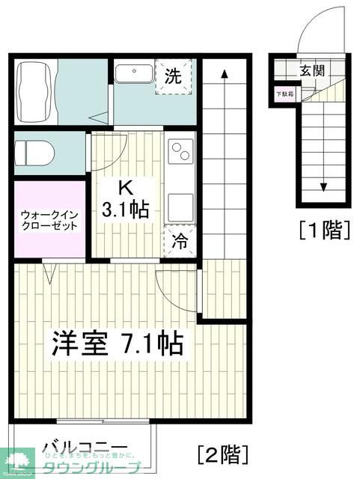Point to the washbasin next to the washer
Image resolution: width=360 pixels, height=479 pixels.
click(x=135, y=74)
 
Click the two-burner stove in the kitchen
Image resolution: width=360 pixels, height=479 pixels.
click(x=181, y=154)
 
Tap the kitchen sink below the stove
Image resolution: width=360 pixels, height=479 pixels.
click(x=180, y=203)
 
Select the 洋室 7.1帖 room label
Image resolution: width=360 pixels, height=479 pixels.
click(x=117, y=344)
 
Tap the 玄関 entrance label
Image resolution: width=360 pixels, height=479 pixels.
click(x=312, y=71)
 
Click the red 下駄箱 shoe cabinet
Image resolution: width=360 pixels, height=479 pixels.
click(x=284, y=94)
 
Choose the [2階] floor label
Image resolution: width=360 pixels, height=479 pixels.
click(x=222, y=453)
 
